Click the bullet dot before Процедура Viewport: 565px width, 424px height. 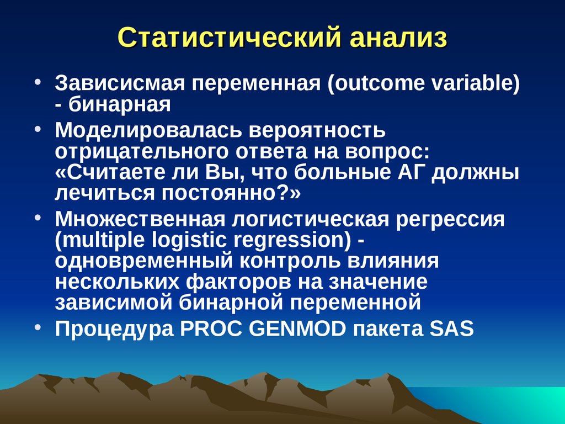coord(39,328)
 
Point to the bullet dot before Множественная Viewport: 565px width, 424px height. coord(39,219)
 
